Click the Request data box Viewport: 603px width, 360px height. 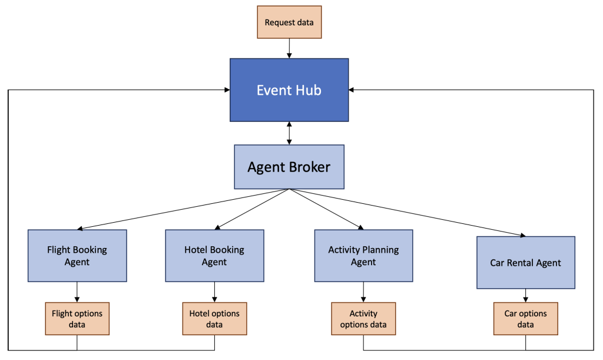coord(289,22)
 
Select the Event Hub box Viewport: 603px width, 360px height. coord(289,90)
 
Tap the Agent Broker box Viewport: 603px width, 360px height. coord(289,167)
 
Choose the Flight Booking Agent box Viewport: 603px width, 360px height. coord(77,256)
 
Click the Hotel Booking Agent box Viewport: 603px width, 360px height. coord(214,256)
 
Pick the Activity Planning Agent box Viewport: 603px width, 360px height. coord(363,256)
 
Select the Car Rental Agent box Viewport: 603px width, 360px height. coord(525,263)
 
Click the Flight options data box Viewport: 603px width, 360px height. coord(77,319)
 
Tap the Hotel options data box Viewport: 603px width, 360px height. coord(214,319)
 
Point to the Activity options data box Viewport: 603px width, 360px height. coord(363,319)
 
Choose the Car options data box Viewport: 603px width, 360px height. coord(525,319)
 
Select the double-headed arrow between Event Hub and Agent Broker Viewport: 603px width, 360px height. coord(289,133)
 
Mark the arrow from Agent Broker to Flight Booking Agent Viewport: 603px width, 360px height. coord(183,209)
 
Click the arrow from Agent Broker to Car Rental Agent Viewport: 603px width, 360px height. coord(406,213)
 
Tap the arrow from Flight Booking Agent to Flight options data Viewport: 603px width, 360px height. coord(77,292)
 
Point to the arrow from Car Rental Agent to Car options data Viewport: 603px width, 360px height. coord(525,295)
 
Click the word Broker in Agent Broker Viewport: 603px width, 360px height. coord(309,167)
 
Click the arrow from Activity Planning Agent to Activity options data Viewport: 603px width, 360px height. coord(363,292)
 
